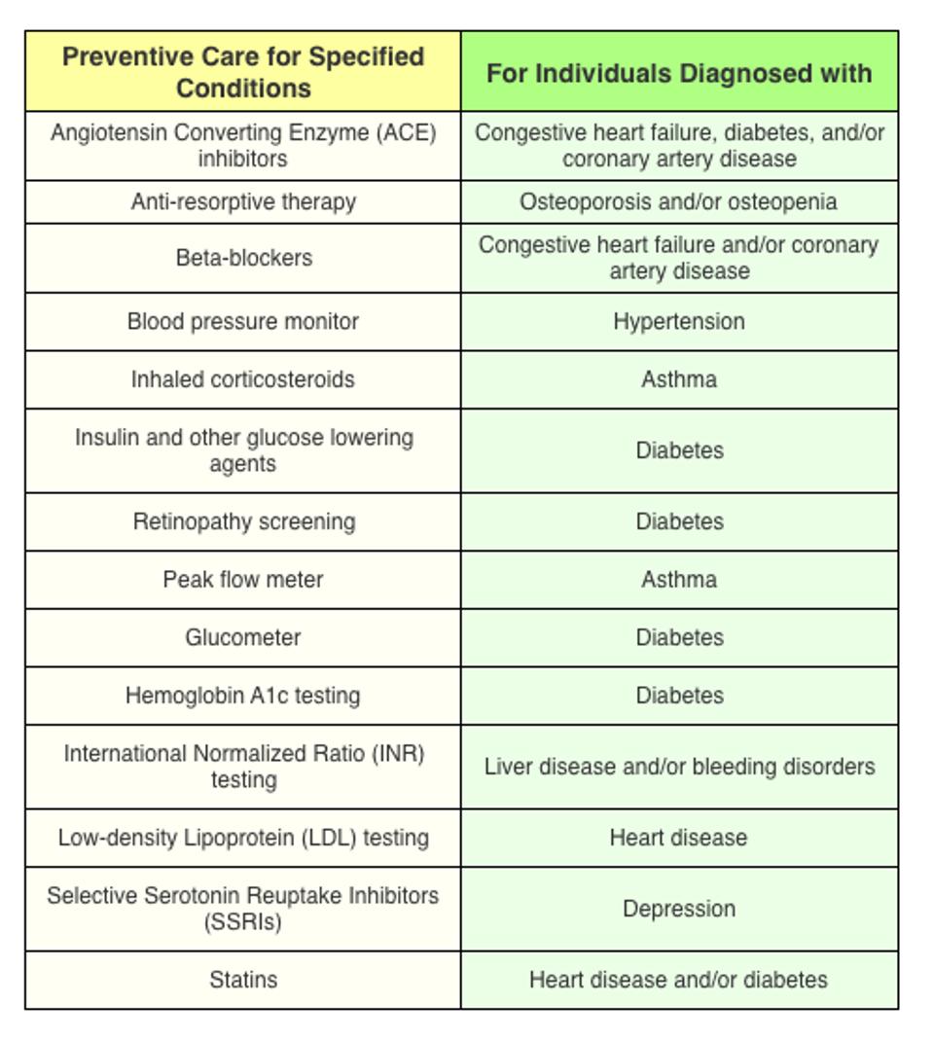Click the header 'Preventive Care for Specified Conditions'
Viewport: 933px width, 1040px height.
243,72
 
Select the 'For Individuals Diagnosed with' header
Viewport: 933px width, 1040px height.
679,73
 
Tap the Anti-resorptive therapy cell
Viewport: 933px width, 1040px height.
243,202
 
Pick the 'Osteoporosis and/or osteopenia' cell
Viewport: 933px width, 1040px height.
679,202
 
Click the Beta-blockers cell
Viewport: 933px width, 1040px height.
243,258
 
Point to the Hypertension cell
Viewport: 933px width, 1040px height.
679,322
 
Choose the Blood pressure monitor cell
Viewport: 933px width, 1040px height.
243,322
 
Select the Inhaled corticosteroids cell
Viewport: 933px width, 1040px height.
243,379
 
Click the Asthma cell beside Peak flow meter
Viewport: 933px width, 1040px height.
679,580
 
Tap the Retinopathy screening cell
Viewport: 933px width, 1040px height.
243,521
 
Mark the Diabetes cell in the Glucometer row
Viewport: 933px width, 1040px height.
679,638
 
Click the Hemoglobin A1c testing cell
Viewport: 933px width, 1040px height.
243,696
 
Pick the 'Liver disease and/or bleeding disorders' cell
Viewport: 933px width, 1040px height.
679,767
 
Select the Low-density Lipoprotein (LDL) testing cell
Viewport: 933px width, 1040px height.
243,838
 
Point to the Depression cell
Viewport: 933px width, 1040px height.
679,909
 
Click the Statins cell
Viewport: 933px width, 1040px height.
243,980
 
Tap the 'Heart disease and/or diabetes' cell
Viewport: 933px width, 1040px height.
679,980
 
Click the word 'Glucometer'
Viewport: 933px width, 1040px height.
243,638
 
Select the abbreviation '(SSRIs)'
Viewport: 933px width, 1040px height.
243,922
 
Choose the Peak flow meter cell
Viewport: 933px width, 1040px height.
243,580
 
